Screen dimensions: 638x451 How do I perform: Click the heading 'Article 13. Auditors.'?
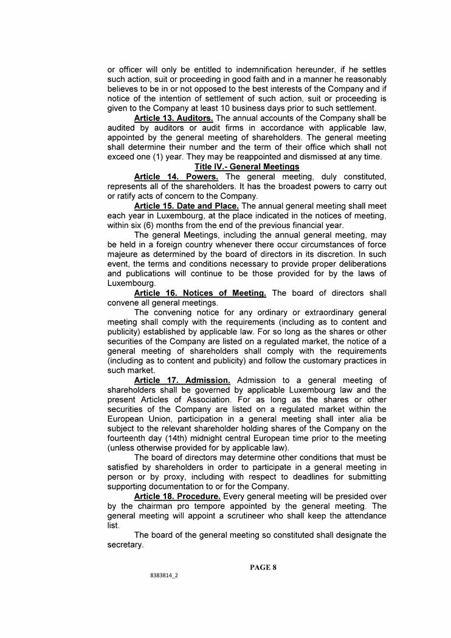[x=173, y=118]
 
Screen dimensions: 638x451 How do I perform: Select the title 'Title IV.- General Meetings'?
[x=247, y=166]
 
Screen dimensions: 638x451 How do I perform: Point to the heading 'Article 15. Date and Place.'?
[x=186, y=206]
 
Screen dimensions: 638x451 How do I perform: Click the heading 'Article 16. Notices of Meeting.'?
[x=199, y=293]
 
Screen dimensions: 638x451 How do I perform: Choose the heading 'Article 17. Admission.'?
[x=182, y=380]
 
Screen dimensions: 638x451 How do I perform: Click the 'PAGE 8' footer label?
[x=263, y=568]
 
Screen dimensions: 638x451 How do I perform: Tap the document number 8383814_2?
[x=164, y=575]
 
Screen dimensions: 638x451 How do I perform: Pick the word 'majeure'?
[x=123, y=254]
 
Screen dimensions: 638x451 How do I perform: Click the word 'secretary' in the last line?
[x=125, y=545]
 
